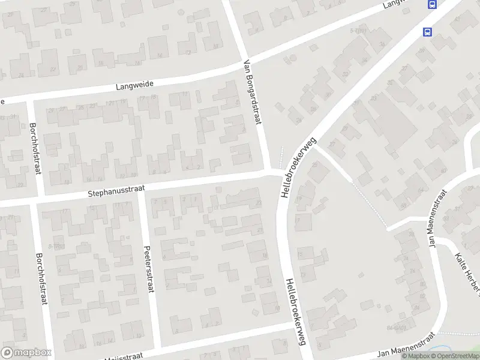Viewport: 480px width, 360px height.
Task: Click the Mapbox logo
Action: [26, 353]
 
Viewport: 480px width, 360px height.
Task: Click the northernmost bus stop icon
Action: [431, 4]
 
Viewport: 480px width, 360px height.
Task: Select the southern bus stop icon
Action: [427, 32]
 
